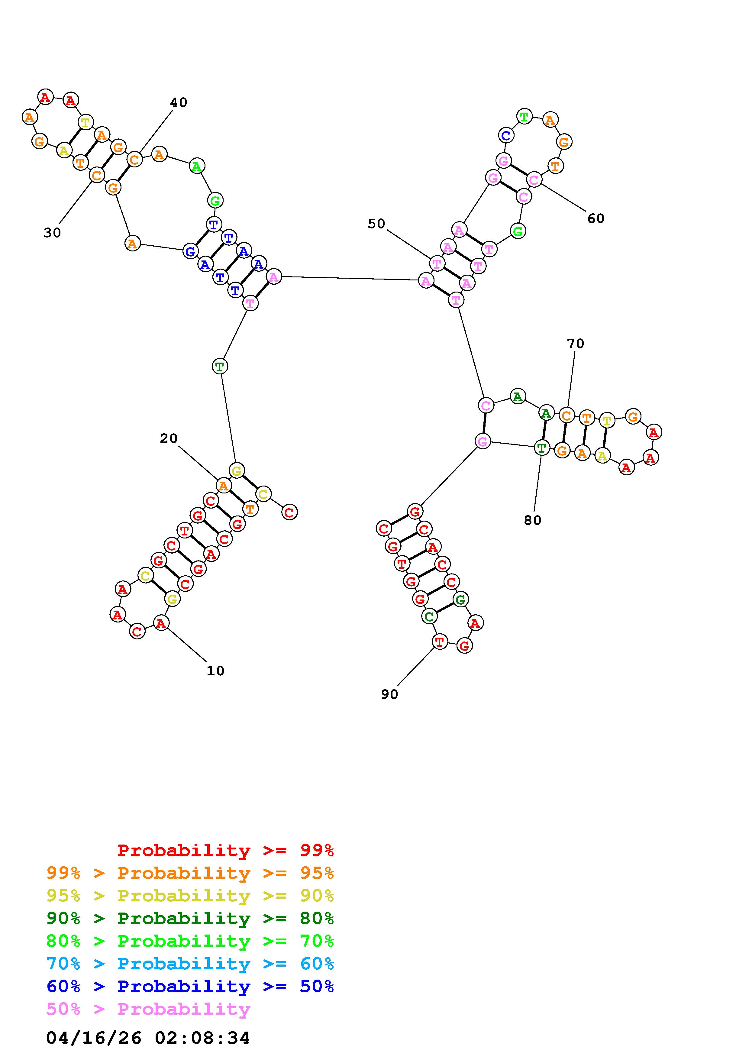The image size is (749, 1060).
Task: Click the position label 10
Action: point(215,671)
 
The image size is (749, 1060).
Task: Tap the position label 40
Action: point(179,102)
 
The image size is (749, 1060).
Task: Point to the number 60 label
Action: point(596,218)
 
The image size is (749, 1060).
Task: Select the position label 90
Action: point(389,694)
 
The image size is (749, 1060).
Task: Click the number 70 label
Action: point(576,344)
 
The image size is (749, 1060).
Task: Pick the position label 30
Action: point(52,233)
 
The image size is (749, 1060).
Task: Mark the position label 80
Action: point(533,520)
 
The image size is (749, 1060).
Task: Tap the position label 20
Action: point(169,438)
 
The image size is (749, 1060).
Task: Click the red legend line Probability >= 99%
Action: point(226,850)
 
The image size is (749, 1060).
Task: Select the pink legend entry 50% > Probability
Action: point(148,1009)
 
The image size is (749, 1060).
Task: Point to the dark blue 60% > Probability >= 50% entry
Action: point(190,987)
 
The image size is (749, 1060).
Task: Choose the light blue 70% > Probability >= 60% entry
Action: point(190,964)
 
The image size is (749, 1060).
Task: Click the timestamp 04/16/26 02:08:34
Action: point(148,1038)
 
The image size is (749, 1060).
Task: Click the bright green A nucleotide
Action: point(197,166)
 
